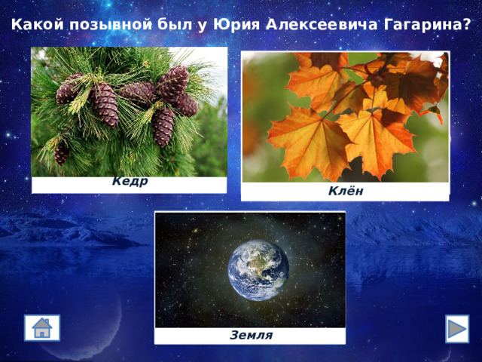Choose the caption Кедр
[130, 181]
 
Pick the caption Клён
[346, 191]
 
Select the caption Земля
[251, 335]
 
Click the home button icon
[42, 328]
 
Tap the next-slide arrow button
[456, 329]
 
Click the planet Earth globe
[258, 269]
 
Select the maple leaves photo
[345, 116]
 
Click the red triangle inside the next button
[457, 329]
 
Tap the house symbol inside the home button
[42, 329]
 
